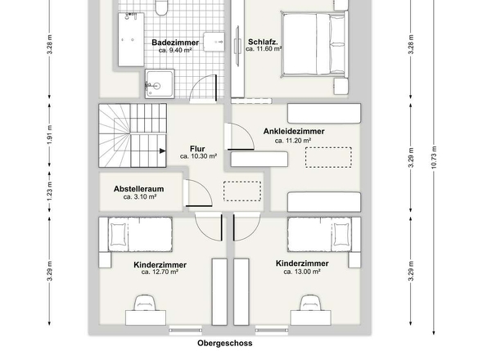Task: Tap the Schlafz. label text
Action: [x=264, y=41]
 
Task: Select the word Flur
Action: [x=197, y=148]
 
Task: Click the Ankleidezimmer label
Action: [x=294, y=131]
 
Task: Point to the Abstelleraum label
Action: [x=138, y=188]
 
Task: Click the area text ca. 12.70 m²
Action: [x=160, y=273]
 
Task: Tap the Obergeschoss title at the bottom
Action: [x=224, y=344]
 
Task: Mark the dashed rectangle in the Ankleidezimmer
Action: [x=328, y=157]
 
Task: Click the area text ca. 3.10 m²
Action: [x=138, y=197]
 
